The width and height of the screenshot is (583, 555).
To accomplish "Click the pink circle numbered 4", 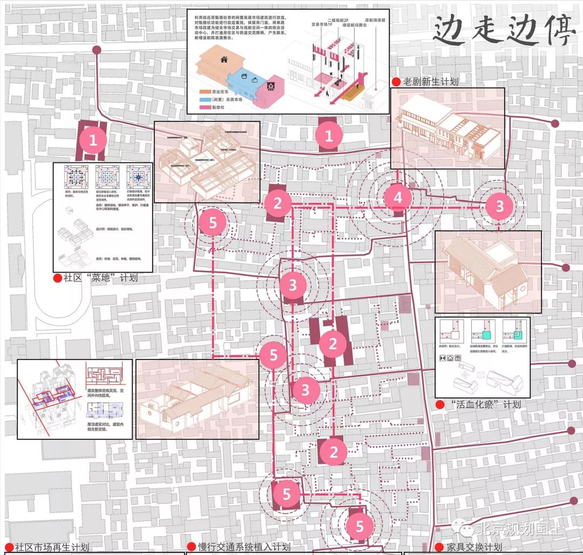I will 398,198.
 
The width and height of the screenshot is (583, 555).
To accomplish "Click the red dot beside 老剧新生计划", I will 396,82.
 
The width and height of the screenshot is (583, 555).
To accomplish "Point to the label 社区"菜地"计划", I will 100,279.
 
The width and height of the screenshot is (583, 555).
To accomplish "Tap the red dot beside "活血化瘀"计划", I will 440,404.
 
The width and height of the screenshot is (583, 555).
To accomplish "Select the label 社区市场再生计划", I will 52,547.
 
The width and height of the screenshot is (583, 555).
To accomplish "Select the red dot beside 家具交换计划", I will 442,547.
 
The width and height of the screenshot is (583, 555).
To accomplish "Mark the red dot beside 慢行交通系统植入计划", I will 191,547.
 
